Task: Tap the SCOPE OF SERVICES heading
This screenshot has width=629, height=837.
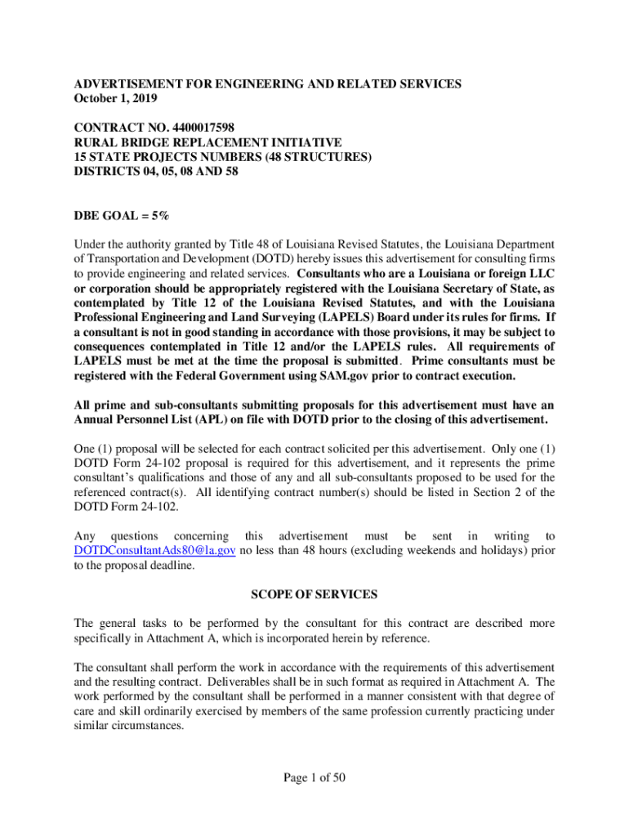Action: coord(314,594)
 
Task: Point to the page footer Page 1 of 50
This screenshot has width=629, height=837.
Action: coord(314,777)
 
